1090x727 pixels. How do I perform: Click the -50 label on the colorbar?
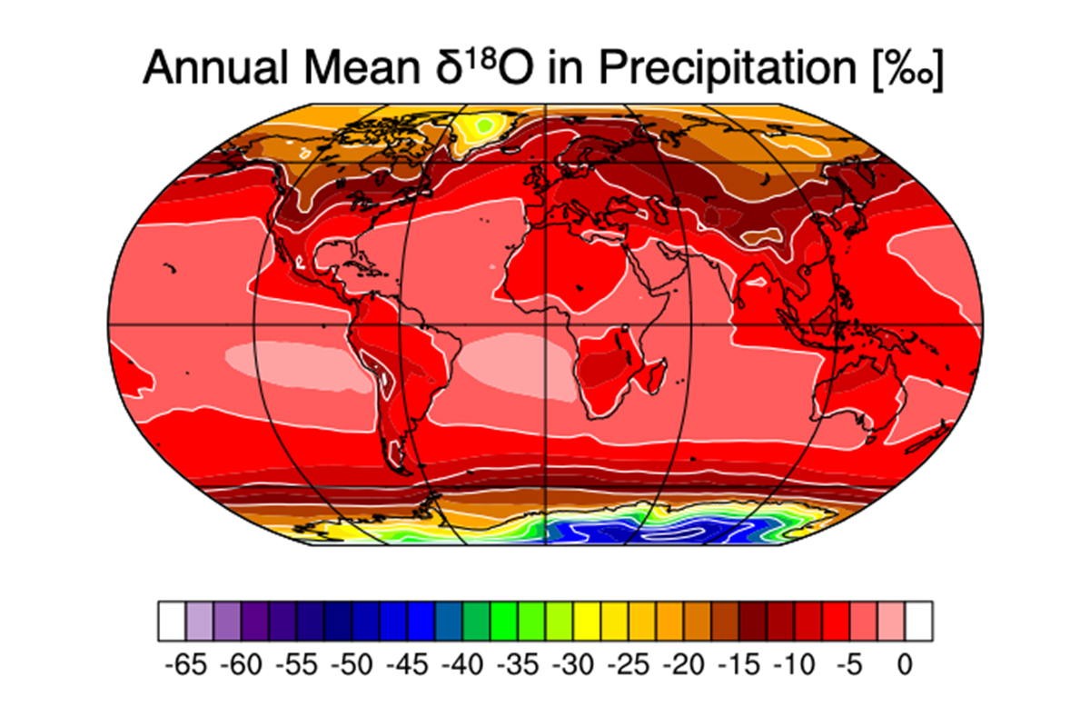tap(352, 666)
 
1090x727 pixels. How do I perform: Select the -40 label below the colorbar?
tap(462, 666)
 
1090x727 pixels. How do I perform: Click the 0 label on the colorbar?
tap(905, 666)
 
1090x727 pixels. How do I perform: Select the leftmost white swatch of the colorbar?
tap(171, 622)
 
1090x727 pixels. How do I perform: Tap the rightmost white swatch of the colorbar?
tap(918, 622)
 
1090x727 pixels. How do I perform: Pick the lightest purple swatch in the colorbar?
tap(199, 622)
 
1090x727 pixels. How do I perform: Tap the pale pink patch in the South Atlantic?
tap(513, 363)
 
